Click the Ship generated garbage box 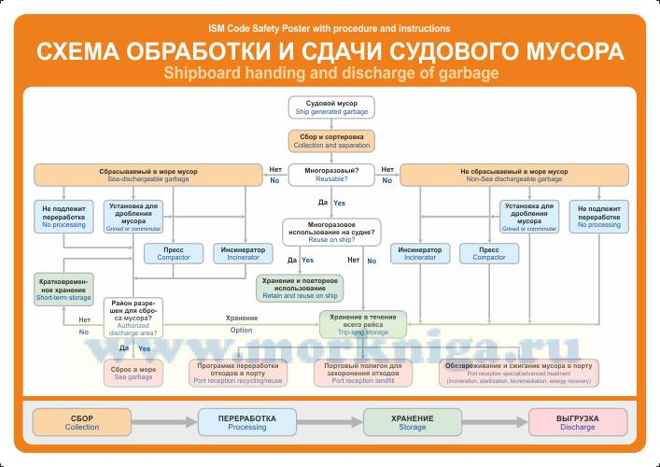(x=331, y=106)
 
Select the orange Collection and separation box (x=331, y=141)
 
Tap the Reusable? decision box (x=331, y=175)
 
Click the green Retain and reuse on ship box (x=299, y=288)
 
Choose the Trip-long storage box (x=363, y=323)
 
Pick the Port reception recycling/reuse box (x=249, y=373)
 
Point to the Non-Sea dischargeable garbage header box (x=513, y=175)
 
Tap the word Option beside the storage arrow (x=241, y=329)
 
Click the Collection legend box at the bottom (x=82, y=421)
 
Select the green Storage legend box (x=412, y=421)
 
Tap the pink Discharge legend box (x=577, y=421)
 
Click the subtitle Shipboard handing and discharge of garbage (x=330, y=72)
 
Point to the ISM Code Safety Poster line (x=330, y=29)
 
